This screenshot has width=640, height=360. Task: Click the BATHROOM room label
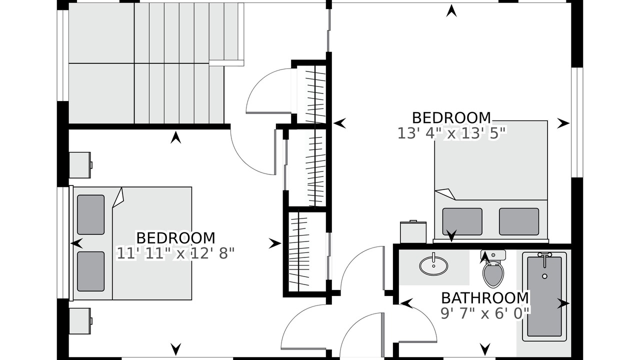(x=485, y=298)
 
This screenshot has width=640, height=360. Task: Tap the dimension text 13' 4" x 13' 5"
(x=451, y=133)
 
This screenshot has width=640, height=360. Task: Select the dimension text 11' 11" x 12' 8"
(x=175, y=253)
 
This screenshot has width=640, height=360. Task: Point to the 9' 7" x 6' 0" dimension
(x=485, y=313)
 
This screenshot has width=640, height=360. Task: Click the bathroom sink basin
(x=433, y=265)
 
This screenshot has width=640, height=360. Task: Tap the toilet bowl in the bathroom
(x=493, y=275)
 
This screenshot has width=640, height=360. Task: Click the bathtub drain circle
(x=544, y=276)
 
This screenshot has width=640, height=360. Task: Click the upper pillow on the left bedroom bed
(x=91, y=214)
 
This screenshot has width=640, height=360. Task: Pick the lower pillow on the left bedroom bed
(x=91, y=271)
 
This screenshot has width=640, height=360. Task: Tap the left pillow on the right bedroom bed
(x=462, y=221)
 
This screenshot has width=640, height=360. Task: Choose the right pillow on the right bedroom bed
(x=519, y=221)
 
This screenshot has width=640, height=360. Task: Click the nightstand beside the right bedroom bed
(x=413, y=232)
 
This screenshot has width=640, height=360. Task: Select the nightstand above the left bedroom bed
(x=80, y=165)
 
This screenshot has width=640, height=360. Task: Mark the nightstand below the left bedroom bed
(x=80, y=321)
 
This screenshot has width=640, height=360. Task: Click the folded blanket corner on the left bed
(x=118, y=197)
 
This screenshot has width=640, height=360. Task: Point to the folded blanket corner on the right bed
(x=445, y=193)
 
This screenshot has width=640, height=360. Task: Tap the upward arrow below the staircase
(x=175, y=137)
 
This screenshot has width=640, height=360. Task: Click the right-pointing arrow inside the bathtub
(x=563, y=303)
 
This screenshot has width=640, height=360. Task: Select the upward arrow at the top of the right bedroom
(x=451, y=11)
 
